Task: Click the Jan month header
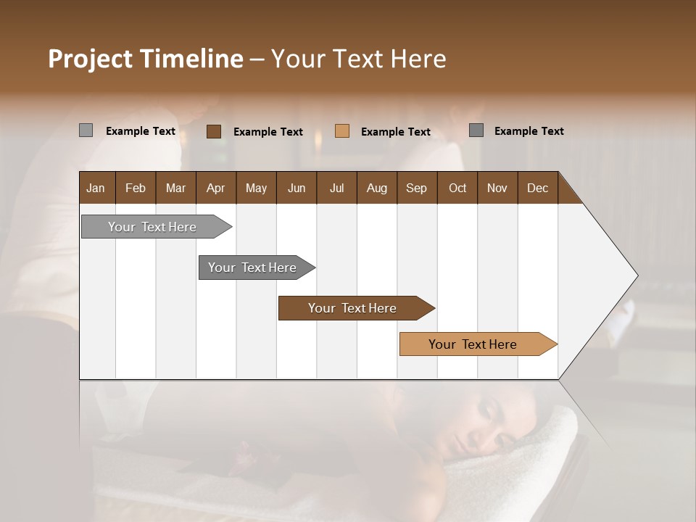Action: [96, 188]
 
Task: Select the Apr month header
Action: [216, 188]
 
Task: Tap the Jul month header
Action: [336, 188]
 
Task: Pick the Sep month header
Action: [416, 188]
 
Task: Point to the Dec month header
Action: [537, 188]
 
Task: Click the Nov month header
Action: [497, 188]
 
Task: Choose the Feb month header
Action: [136, 188]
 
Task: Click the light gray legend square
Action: [86, 130]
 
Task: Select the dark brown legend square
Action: [213, 131]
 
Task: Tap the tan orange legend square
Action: [342, 131]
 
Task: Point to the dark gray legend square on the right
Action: [476, 130]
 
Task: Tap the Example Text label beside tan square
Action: [396, 132]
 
